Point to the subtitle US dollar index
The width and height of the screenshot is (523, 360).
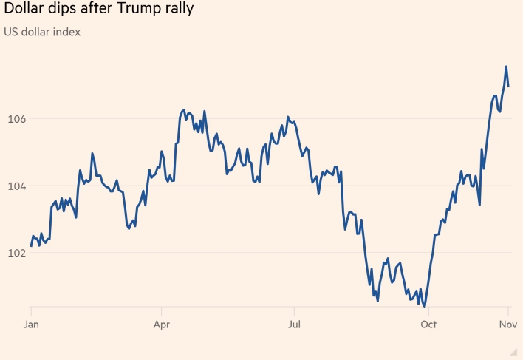point(43,32)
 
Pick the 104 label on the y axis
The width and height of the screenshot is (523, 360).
point(17,186)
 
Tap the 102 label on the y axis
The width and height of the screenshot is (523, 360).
point(17,253)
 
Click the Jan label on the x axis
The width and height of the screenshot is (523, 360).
point(31,324)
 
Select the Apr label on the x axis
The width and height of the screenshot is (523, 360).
point(162,324)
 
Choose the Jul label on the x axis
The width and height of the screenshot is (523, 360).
point(294,324)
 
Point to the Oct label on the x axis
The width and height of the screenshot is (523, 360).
point(427,324)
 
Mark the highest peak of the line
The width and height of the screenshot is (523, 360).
point(506,67)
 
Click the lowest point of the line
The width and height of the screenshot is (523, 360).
point(425,306)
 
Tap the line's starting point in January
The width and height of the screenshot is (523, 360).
point(31,245)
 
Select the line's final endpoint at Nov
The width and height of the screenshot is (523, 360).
point(509,86)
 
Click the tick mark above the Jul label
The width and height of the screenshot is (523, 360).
point(294,310)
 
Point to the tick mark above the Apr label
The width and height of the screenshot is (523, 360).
point(162,310)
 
